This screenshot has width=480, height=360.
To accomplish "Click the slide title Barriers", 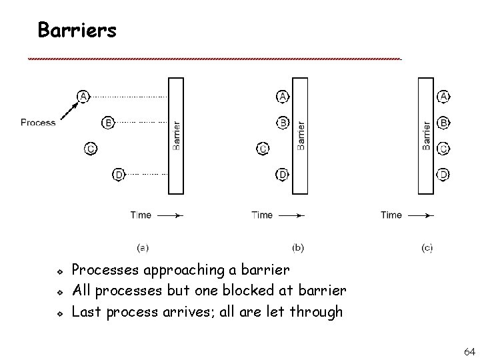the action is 77,30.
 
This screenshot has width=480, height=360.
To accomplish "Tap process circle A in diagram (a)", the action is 83,96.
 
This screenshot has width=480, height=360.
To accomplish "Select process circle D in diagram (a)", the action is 118,175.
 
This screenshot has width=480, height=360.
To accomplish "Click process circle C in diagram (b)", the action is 263,148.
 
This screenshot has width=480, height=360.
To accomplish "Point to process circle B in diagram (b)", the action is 283,123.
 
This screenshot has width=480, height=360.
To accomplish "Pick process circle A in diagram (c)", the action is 444,97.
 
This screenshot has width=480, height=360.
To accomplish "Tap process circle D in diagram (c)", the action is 444,175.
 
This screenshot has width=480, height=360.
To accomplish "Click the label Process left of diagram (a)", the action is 38,122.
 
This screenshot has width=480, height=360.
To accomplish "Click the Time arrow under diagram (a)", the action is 169,215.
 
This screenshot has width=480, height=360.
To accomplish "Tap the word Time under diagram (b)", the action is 262,215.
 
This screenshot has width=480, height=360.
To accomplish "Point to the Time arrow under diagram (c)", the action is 421,215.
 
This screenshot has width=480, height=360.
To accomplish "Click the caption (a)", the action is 143,247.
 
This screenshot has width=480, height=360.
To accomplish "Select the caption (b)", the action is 298,247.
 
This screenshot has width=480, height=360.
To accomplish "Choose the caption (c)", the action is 427,247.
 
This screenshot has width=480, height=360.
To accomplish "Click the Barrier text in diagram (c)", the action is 427,135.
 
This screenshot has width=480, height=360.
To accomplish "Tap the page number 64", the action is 469,351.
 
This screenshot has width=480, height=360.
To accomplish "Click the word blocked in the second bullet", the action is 265,291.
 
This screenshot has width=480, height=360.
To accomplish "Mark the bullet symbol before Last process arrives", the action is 59,312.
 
